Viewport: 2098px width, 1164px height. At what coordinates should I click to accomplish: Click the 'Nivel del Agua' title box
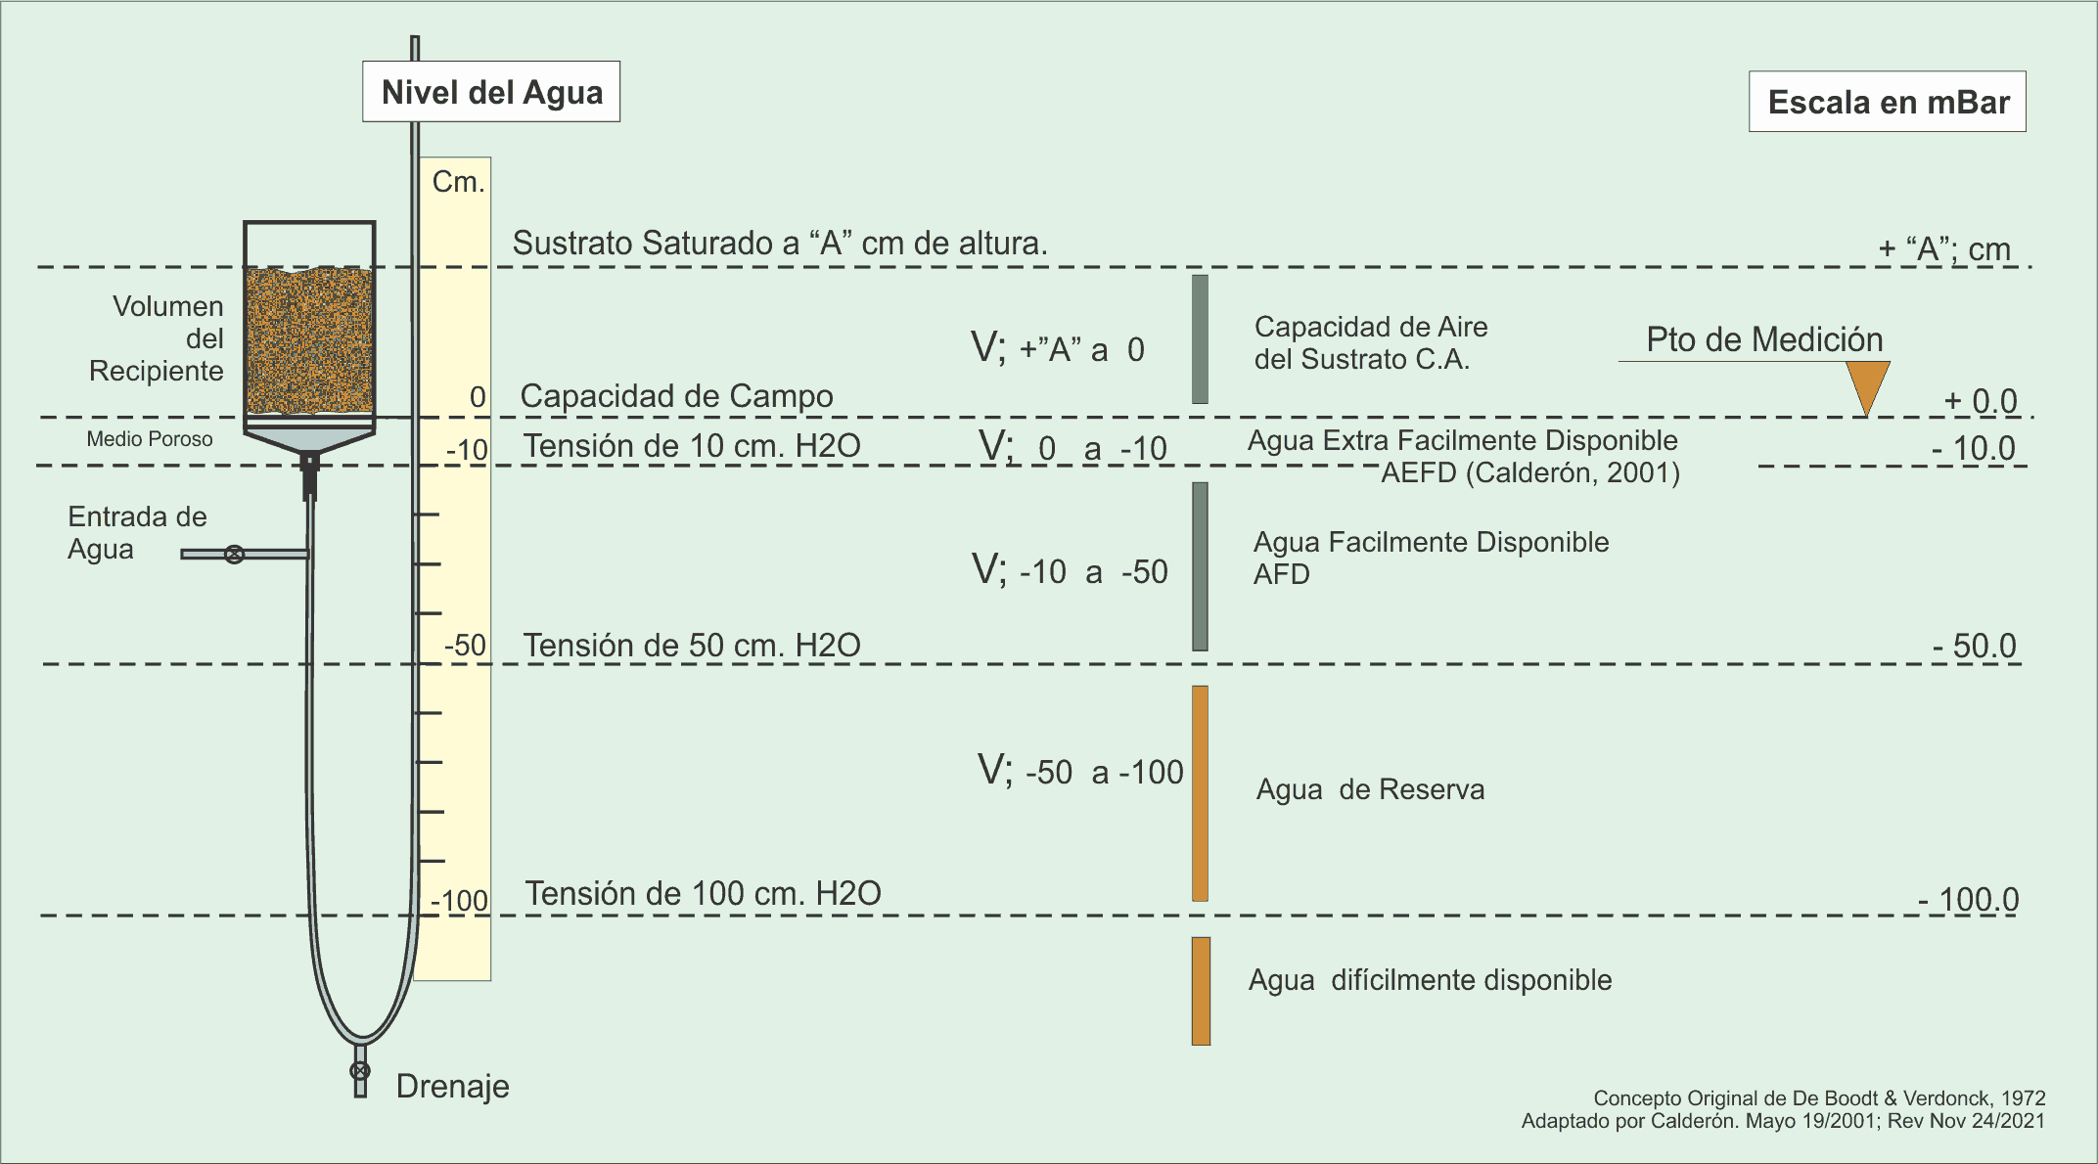click(x=491, y=92)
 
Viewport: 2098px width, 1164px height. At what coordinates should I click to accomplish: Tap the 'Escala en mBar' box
click(x=1888, y=102)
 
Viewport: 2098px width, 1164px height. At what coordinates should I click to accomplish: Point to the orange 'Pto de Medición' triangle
click(x=1867, y=387)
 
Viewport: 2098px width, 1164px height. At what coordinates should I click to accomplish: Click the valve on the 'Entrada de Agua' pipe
click(x=235, y=555)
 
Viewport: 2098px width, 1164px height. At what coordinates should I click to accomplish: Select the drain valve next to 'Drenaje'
click(x=360, y=1071)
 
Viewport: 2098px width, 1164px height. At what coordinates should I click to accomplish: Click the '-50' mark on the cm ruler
click(x=466, y=646)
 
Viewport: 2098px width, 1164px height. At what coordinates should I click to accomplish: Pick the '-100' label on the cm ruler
click(x=460, y=901)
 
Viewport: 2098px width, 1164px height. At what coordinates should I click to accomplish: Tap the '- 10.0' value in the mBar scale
click(x=1974, y=448)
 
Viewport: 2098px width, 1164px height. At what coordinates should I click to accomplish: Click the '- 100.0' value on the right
click(x=1969, y=900)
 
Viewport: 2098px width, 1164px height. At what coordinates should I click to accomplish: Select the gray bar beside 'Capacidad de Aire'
click(x=1200, y=339)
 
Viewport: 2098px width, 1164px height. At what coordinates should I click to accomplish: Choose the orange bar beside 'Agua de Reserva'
click(x=1200, y=793)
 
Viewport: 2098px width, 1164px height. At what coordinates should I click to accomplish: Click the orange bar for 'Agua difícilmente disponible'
click(x=1201, y=991)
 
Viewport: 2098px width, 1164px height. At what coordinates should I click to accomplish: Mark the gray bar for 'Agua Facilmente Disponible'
click(x=1200, y=566)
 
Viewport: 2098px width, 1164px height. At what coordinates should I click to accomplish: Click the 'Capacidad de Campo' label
click(x=676, y=396)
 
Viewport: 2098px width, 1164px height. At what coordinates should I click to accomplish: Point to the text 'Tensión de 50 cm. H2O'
click(x=692, y=646)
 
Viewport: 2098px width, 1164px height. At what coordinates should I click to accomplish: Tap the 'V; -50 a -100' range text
click(x=1080, y=771)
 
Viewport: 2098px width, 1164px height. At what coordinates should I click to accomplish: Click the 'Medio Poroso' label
click(x=150, y=439)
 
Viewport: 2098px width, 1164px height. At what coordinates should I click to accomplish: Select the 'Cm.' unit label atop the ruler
click(x=459, y=182)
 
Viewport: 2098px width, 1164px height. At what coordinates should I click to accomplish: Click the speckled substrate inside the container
click(x=309, y=340)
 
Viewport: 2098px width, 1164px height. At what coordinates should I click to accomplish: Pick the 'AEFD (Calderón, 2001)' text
click(x=1530, y=473)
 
